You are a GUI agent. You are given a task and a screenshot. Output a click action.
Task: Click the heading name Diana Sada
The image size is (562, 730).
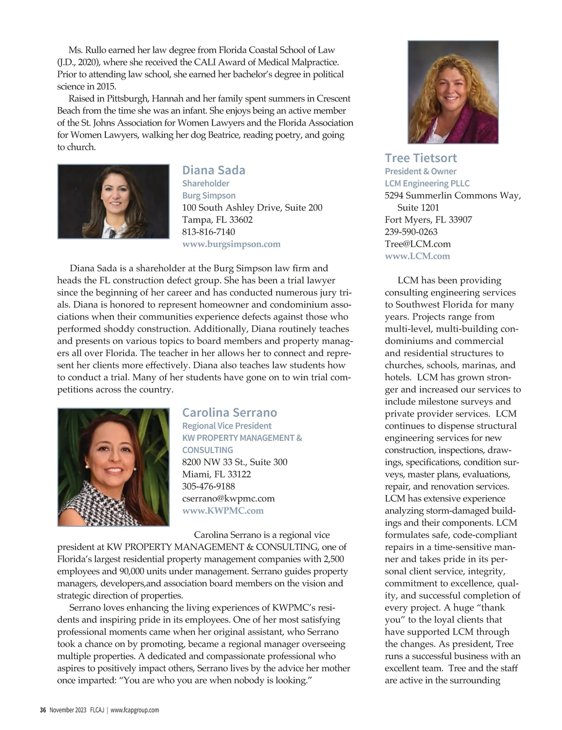(x=214, y=170)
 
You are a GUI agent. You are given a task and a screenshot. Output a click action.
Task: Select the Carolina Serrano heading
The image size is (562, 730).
(x=229, y=412)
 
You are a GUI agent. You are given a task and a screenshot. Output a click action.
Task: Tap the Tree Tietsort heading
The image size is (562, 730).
(x=421, y=158)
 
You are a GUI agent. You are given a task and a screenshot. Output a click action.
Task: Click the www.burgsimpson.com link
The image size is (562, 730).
(x=231, y=244)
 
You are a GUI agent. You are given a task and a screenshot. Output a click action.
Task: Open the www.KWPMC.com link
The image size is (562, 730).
(x=223, y=511)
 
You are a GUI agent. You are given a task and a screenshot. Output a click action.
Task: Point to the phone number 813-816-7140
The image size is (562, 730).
(x=208, y=232)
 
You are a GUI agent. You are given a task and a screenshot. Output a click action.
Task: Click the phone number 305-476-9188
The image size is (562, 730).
(x=208, y=486)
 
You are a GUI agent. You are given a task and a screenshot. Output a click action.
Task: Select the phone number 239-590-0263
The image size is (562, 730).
(x=411, y=232)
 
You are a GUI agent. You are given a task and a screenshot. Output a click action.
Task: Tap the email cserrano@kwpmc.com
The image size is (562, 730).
(x=228, y=499)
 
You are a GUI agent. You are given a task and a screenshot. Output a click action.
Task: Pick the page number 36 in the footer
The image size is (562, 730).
(x=43, y=710)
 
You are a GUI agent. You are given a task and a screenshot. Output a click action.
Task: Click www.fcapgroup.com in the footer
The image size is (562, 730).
(x=134, y=710)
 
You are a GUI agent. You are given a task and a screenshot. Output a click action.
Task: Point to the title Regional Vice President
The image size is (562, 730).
(x=227, y=425)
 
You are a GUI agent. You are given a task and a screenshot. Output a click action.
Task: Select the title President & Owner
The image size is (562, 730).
(x=421, y=171)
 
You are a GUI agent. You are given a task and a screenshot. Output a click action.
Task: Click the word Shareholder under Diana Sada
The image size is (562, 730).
(x=206, y=183)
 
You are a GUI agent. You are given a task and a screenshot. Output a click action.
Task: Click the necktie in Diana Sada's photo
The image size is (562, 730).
(x=112, y=233)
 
